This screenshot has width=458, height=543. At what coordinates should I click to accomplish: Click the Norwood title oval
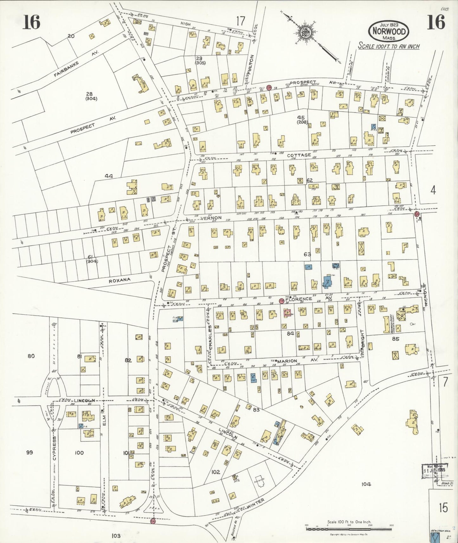(x=389, y=31)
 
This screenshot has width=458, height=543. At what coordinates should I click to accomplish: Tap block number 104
(x=365, y=484)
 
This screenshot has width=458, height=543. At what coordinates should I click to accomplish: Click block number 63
(x=307, y=254)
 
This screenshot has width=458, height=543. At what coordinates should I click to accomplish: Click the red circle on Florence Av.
(x=281, y=301)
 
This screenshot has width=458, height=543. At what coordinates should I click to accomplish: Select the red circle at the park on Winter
(x=153, y=521)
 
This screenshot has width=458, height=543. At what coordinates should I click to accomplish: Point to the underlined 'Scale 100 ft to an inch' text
(x=389, y=46)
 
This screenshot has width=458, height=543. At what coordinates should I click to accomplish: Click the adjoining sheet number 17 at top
(x=241, y=21)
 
